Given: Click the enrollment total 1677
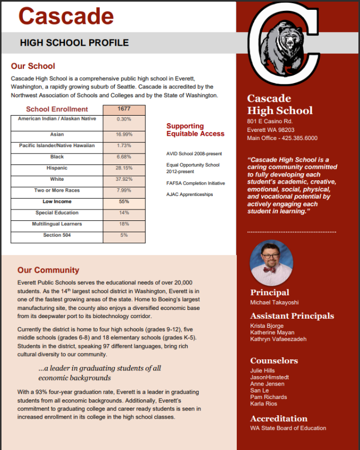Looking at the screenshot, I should click(124, 109).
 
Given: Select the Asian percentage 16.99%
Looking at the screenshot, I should click(124, 134).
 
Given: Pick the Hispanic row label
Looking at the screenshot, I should click(57, 168).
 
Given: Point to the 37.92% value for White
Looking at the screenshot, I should click(124, 179).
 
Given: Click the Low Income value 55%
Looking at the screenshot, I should click(124, 201).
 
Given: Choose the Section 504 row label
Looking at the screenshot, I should click(57, 235).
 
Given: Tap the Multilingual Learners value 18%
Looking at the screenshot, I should click(124, 224).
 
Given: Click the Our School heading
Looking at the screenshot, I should click(33, 66).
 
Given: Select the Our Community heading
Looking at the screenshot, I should click(48, 270).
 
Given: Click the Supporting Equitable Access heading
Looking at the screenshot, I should click(195, 130).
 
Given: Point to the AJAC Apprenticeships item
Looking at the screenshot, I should click(190, 194).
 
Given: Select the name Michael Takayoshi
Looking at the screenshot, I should click(274, 302).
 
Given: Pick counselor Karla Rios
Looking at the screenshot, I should click(264, 403).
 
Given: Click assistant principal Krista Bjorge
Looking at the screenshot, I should click(267, 326).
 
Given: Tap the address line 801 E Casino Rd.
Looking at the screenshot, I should click(269, 121).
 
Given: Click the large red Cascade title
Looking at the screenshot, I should click(66, 16).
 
